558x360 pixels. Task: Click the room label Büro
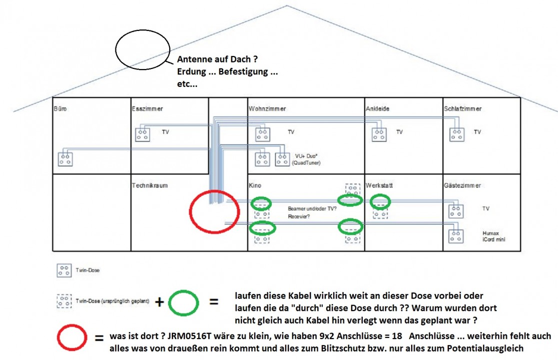(x=60, y=108)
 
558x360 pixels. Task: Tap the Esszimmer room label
(x=147, y=108)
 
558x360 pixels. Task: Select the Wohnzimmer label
(x=267, y=108)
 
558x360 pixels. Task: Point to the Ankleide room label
(x=378, y=108)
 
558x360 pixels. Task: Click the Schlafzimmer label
(x=463, y=108)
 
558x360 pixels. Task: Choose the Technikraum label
(x=149, y=185)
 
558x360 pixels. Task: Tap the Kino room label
(x=255, y=185)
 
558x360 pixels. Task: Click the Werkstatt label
(x=379, y=185)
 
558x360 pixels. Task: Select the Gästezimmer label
(x=462, y=185)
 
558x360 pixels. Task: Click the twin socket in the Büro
(x=65, y=159)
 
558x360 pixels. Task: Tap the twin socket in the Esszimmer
(x=143, y=134)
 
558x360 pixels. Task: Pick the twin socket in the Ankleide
(x=379, y=134)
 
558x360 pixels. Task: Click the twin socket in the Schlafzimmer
(x=457, y=134)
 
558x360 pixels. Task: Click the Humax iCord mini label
(x=494, y=236)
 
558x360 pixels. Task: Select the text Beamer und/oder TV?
(x=312, y=208)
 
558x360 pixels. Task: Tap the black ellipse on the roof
(x=143, y=50)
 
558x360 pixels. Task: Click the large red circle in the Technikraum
(x=214, y=212)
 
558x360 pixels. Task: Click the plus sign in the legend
(x=159, y=302)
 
